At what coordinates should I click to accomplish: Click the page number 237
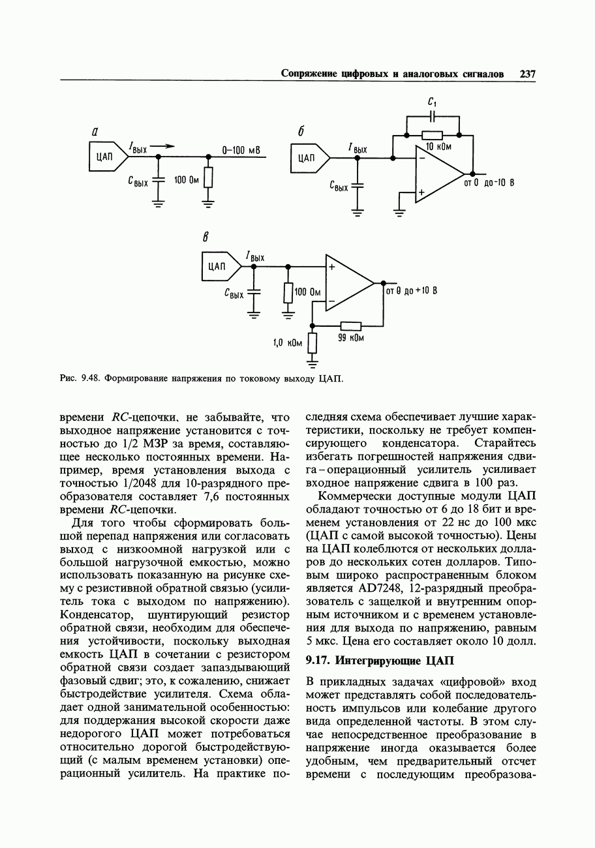tap(527, 74)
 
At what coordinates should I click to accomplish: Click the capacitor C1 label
tap(432, 102)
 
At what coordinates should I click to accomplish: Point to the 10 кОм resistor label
tap(438, 147)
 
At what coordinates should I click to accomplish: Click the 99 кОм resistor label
tap(351, 338)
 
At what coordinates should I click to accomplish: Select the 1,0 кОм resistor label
tap(288, 342)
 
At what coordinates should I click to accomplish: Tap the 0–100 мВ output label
tap(241, 151)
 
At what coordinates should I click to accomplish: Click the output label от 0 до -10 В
tap(489, 183)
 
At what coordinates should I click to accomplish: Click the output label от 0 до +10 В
tap(411, 291)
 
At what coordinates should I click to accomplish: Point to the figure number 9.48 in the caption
tap(89, 378)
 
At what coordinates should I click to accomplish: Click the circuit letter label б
tap(301, 132)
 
